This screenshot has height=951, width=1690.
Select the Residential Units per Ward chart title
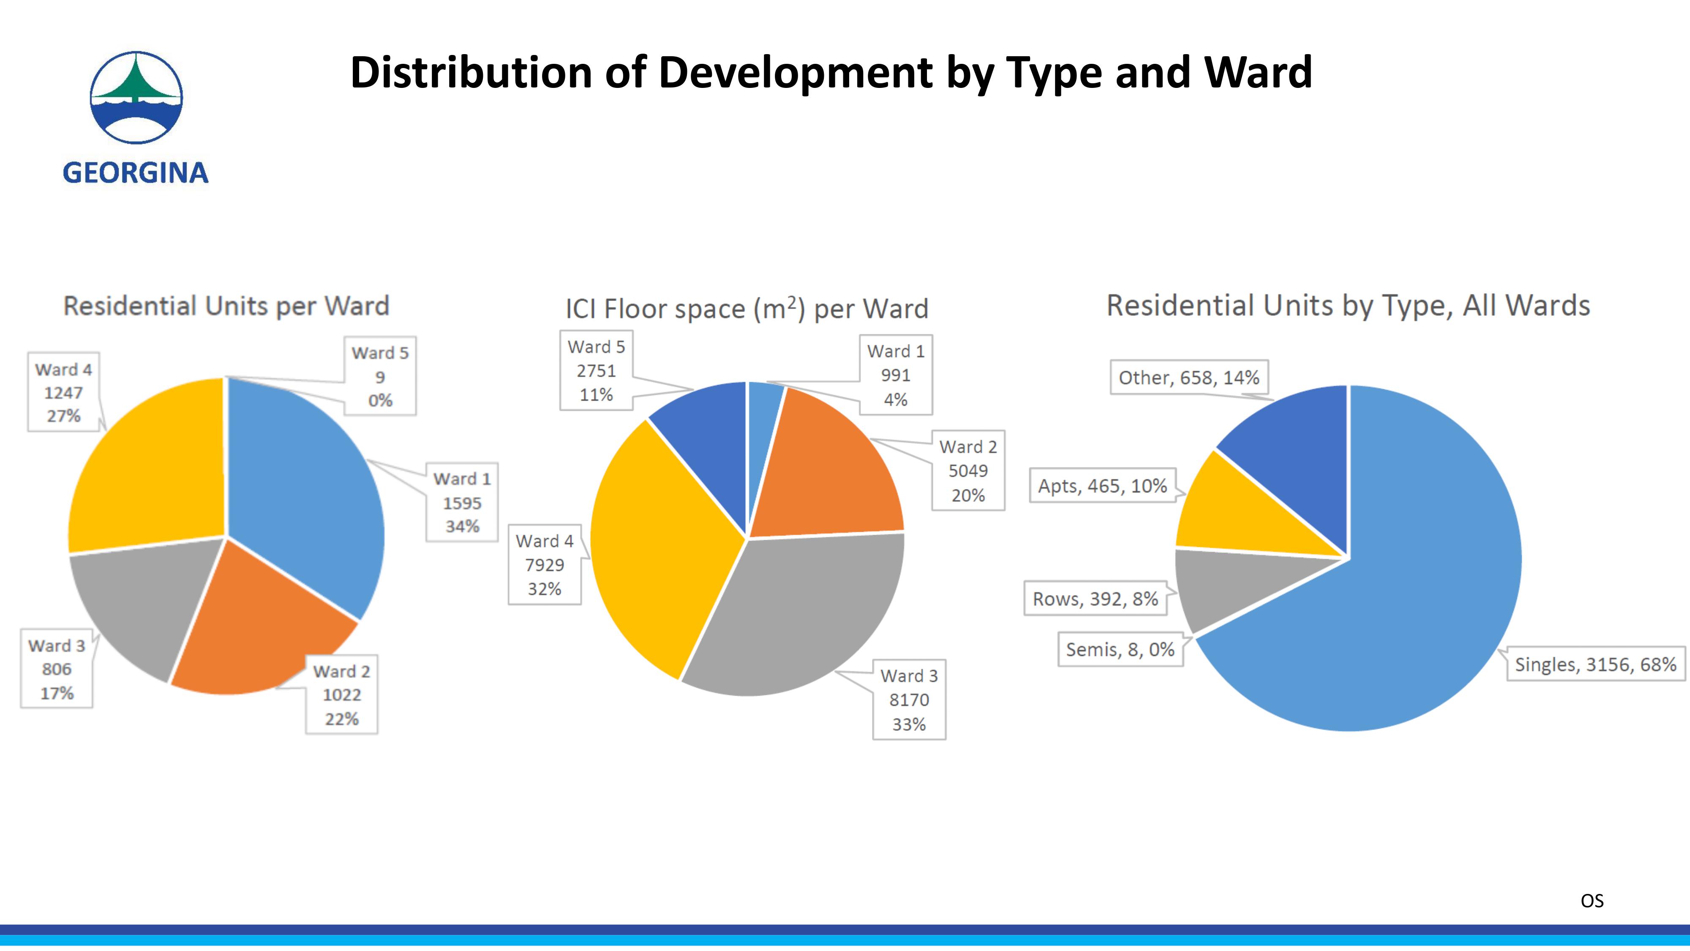coord(226,306)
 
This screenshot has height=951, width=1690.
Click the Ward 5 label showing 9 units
coord(380,376)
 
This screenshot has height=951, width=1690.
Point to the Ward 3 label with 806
coord(57,669)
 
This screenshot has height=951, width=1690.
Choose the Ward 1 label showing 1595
coord(462,502)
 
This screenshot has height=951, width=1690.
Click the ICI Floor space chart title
coord(747,309)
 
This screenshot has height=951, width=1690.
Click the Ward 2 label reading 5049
coord(968,470)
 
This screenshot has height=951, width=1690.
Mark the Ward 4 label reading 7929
coord(545,564)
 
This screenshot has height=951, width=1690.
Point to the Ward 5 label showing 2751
coord(596,371)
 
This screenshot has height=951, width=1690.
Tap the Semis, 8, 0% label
coord(1120,650)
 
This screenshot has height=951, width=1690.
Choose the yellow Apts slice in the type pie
coord(1233,519)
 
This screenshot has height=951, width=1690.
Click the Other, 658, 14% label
coord(1188,377)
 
